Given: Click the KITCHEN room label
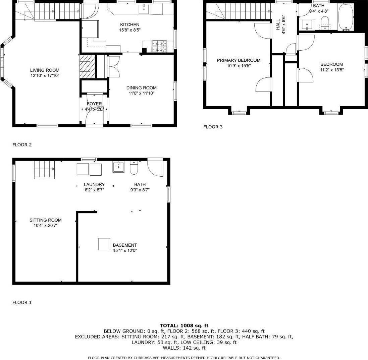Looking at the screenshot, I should click(x=130, y=24).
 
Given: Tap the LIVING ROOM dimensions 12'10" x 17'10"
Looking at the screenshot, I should click(x=47, y=76).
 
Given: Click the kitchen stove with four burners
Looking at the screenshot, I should click(x=159, y=46).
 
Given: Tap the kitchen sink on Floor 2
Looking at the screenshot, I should click(x=145, y=9).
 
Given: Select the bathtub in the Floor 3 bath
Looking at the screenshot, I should click(x=346, y=17).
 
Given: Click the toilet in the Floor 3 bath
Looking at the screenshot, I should click(x=324, y=23).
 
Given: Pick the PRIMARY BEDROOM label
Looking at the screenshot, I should click(x=239, y=60).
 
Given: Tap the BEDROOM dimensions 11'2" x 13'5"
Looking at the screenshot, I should click(x=332, y=70).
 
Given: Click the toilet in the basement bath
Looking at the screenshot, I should click(x=134, y=168).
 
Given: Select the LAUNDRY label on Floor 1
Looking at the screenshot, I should click(x=94, y=184).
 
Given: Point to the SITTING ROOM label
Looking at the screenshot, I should click(x=46, y=220).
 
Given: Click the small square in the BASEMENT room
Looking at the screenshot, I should click(x=104, y=244).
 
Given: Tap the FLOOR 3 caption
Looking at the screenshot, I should click(x=213, y=127).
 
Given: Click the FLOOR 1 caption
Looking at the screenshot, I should click(x=22, y=302).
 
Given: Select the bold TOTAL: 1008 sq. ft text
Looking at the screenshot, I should click(x=184, y=325).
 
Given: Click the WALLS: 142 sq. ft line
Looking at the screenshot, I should click(x=184, y=348).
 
